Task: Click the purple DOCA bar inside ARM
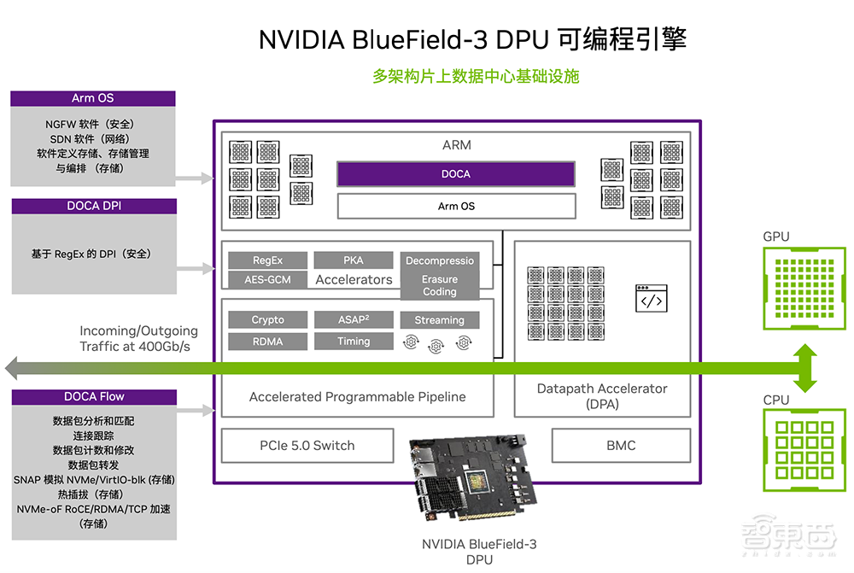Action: click(455, 174)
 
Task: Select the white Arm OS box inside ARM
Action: click(455, 206)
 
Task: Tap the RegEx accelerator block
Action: click(267, 260)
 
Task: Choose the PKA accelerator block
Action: click(353, 260)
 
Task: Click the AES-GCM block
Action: click(267, 280)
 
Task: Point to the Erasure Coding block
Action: click(440, 286)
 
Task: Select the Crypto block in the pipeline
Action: click(267, 320)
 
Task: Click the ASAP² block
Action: click(353, 320)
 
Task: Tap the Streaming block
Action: click(440, 320)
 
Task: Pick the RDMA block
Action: click(267, 342)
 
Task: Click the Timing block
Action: click(353, 342)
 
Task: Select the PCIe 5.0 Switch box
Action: click(307, 445)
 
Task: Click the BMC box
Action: click(621, 445)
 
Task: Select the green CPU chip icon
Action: click(804, 452)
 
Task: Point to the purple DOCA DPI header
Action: click(94, 206)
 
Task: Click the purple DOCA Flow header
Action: click(94, 397)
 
